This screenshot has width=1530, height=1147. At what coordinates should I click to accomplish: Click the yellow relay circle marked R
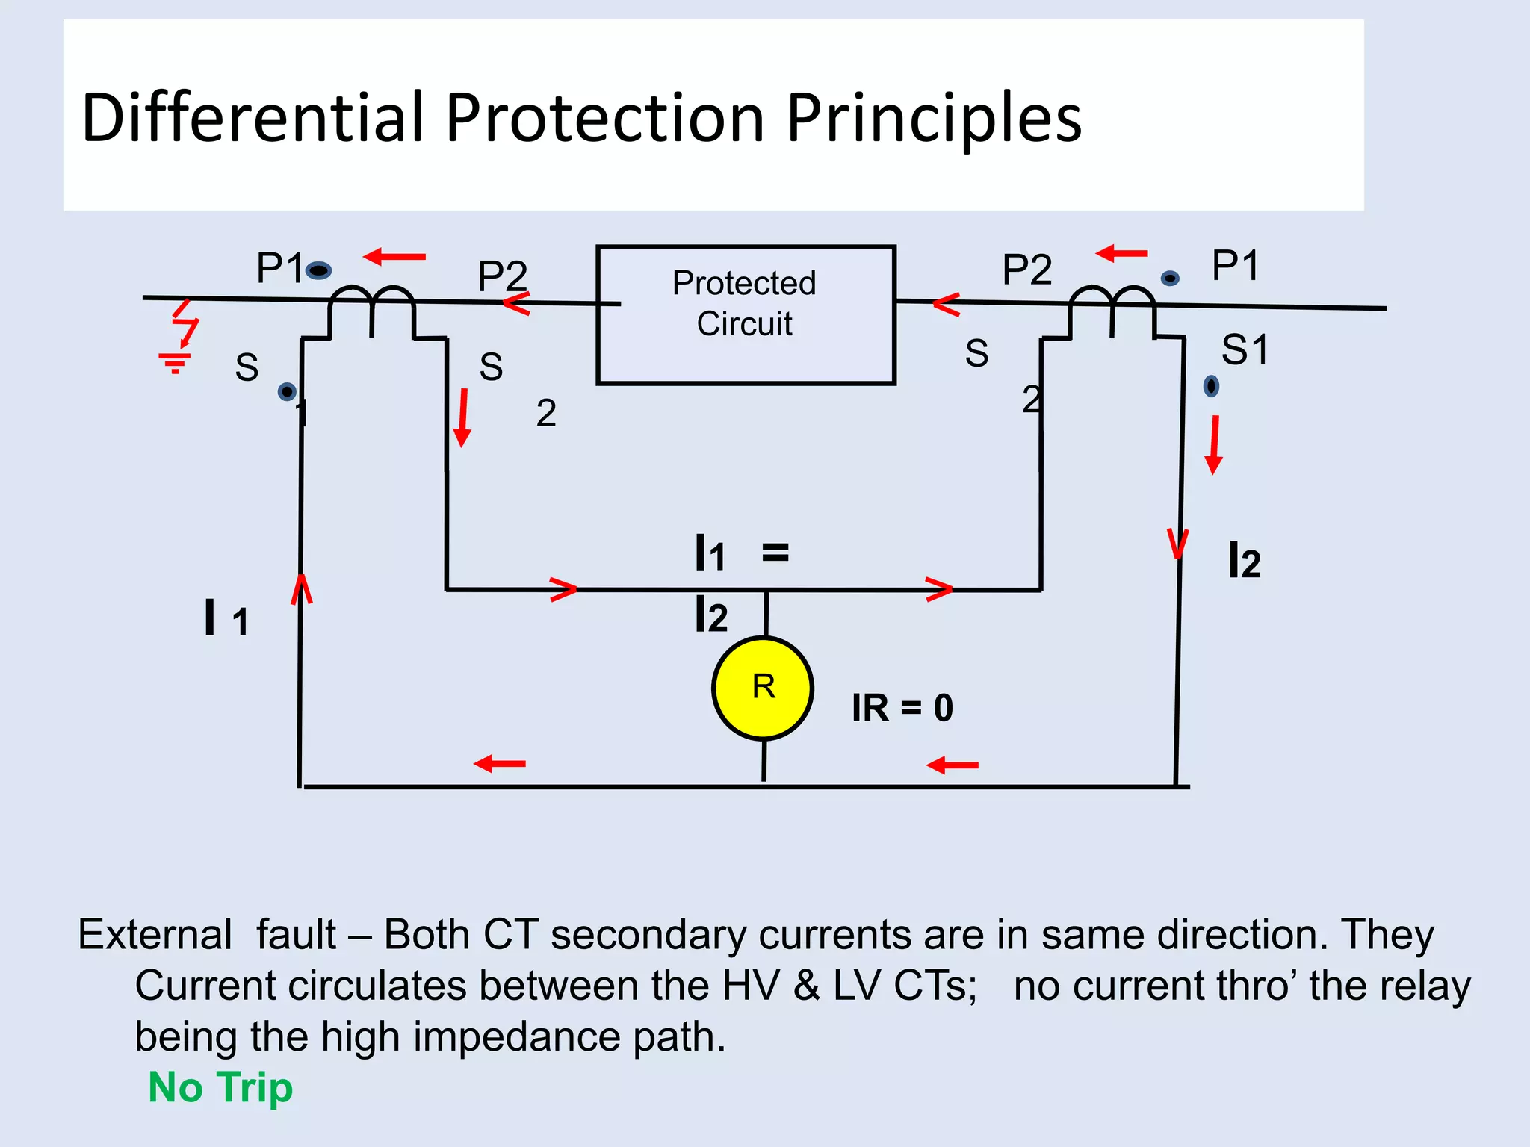coord(763,688)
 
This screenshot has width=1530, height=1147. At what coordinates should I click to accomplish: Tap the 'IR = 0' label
coord(902,707)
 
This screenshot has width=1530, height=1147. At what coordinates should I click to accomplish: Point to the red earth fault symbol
coord(179,336)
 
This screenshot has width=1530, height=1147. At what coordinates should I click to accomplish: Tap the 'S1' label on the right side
coord(1245,349)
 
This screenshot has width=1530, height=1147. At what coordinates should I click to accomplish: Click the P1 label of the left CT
coord(279,267)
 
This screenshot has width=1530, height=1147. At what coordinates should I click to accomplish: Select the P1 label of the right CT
coord(1236,265)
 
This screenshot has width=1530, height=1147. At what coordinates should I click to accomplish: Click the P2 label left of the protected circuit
coord(502,276)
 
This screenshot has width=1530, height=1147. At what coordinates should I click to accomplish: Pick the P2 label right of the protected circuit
coord(1027,269)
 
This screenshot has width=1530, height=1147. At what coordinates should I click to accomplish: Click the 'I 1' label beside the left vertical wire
coord(226,618)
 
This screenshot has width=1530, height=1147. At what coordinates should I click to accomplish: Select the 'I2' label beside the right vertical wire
coord(1244,561)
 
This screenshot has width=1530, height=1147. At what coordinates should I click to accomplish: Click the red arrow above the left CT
coord(394,257)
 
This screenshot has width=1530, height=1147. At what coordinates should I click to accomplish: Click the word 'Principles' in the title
coord(933,117)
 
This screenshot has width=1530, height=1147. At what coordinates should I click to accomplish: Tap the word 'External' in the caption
coord(155,934)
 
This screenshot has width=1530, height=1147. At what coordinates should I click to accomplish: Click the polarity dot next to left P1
coord(319,270)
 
